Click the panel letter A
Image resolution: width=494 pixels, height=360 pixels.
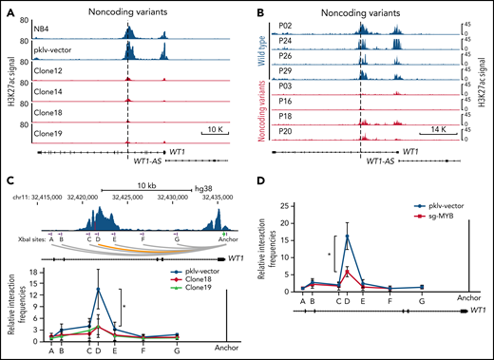8,9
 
